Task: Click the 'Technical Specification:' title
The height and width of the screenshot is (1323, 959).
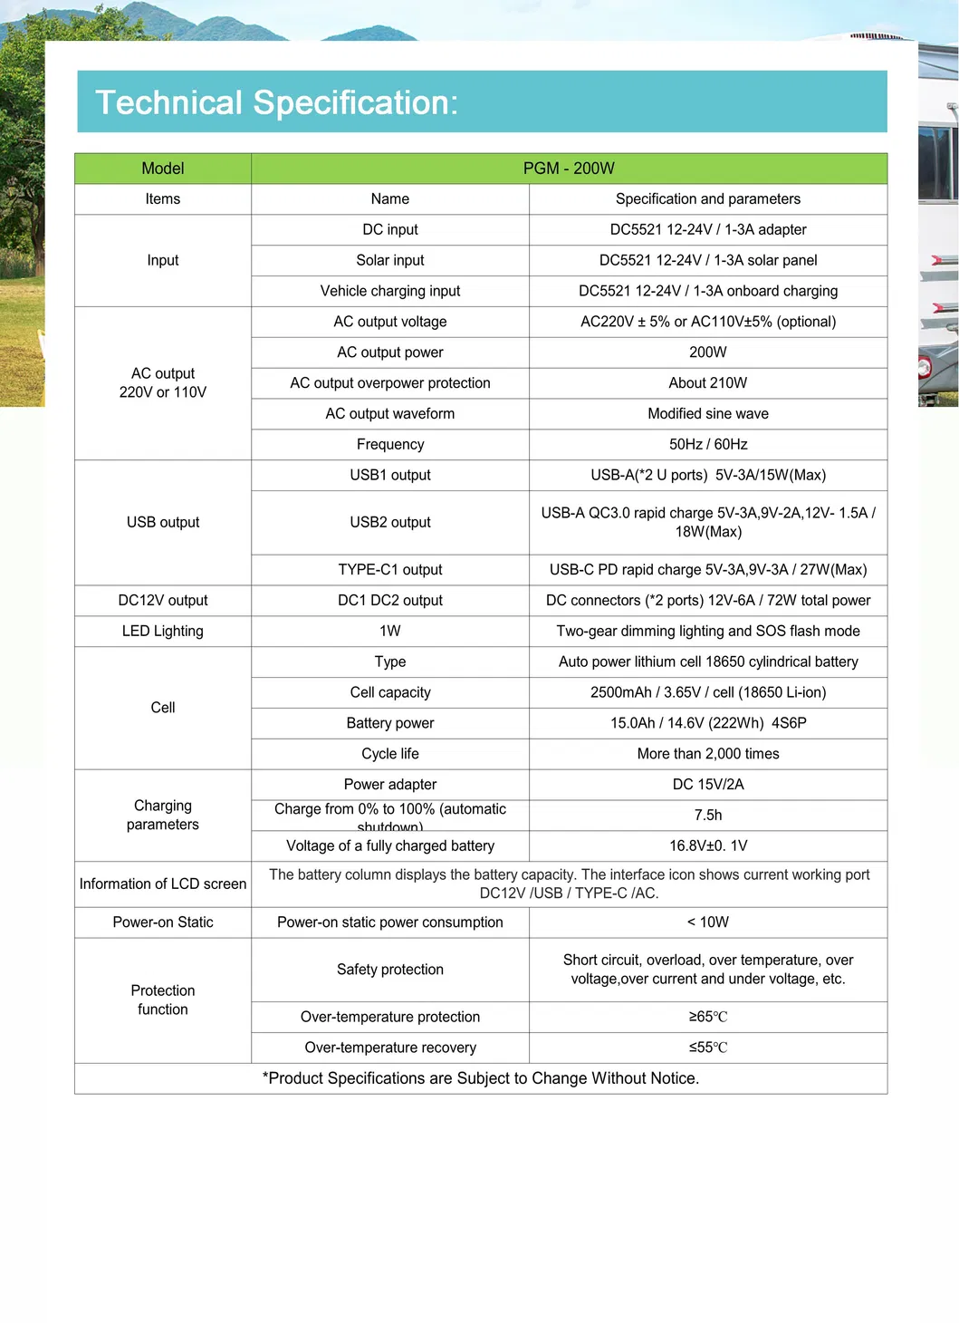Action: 276,102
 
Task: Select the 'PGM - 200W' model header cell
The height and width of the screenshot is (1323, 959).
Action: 569,169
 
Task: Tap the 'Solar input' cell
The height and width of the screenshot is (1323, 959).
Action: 390,260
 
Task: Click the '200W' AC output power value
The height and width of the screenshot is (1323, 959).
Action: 707,352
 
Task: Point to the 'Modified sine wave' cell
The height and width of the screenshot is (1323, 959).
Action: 707,414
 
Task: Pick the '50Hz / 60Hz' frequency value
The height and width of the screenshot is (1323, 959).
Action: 707,444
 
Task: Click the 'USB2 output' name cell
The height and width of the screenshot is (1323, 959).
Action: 390,522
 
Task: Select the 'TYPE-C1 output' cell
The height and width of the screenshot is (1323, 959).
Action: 390,570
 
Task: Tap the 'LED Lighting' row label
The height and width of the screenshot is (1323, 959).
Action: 163,631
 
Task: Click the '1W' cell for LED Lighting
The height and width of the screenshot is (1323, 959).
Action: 390,631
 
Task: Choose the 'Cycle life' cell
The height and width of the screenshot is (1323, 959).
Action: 390,754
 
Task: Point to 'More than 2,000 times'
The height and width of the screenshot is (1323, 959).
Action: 707,754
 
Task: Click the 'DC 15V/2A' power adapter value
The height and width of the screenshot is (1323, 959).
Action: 707,785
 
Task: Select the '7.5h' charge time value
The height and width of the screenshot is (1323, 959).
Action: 707,816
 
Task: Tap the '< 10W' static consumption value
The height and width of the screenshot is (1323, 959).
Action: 707,922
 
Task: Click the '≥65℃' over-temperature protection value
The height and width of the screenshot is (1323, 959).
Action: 707,1017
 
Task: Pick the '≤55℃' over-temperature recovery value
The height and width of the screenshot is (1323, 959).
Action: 707,1048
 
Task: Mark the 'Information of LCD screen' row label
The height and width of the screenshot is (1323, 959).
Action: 163,884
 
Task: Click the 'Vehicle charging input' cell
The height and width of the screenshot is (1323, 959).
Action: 390,291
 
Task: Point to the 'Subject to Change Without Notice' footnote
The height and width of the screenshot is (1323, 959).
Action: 481,1078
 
